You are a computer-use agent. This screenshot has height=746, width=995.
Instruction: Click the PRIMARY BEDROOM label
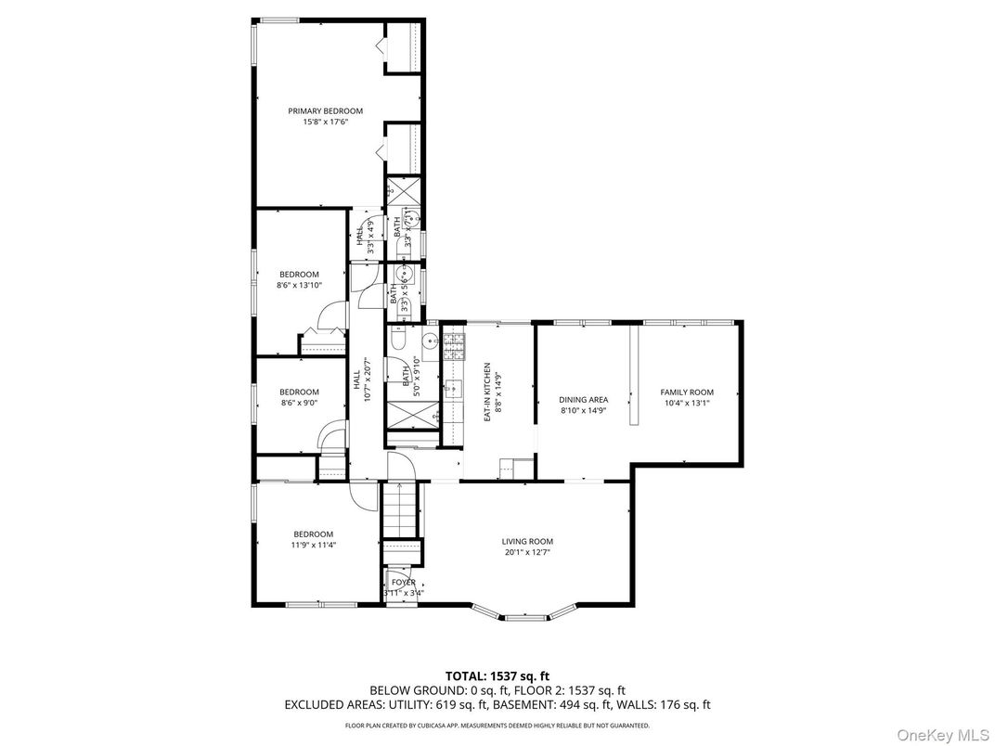point(325,110)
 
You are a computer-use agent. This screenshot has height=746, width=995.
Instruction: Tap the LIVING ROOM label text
point(527,542)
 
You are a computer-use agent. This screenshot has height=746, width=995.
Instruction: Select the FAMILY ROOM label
point(687,392)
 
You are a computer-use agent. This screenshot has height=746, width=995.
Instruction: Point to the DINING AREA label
point(584,399)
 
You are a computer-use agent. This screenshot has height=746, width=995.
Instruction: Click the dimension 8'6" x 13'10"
point(299,286)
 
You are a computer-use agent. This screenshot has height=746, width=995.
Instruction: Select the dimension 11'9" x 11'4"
point(314,546)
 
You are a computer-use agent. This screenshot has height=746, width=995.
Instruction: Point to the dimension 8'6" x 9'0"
point(299,403)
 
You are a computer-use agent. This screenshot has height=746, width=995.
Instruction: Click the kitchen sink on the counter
point(454,387)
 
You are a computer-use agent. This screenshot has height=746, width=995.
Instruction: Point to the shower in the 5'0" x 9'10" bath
point(408,413)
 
